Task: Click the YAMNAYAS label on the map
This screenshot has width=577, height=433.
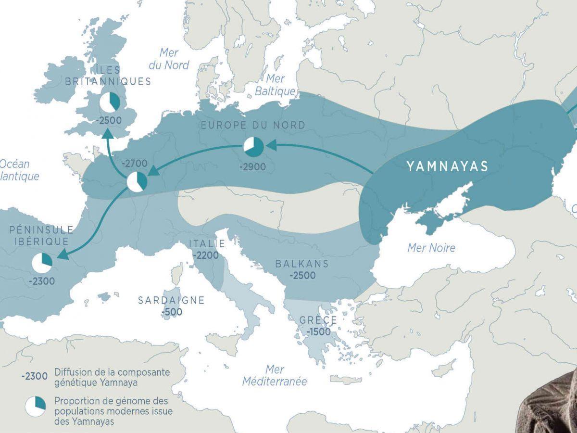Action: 447,166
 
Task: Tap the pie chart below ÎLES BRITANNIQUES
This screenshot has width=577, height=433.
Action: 111,102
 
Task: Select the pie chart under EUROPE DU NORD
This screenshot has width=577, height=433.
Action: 253,146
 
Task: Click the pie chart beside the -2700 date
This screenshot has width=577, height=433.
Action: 137,182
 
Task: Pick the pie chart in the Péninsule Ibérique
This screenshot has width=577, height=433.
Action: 42,263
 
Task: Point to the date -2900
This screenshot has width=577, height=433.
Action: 253,167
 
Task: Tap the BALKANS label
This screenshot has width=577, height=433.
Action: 302,264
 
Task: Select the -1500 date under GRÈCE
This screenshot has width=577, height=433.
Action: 318,332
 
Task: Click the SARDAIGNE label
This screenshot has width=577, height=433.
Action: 171,300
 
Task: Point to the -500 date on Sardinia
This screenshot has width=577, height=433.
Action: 172,312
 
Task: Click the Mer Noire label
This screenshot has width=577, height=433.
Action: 431,248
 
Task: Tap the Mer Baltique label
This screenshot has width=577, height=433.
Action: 275,85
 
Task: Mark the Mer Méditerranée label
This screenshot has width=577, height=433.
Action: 274,376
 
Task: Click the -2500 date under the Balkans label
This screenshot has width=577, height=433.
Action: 302,276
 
